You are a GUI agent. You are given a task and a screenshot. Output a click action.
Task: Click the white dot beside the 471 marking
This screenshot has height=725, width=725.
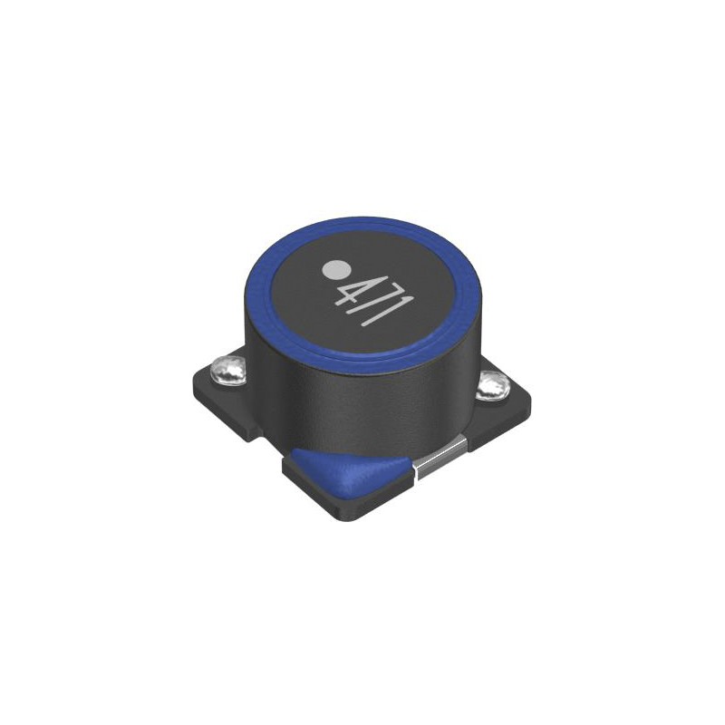[x=334, y=269]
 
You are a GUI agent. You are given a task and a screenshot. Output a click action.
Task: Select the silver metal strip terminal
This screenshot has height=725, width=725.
[x=440, y=458]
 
